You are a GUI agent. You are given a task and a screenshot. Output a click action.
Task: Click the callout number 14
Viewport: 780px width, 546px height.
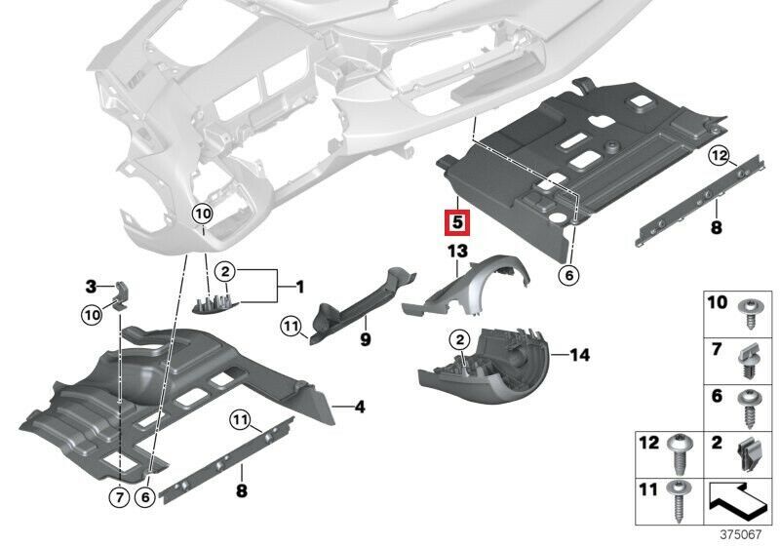click(579, 356)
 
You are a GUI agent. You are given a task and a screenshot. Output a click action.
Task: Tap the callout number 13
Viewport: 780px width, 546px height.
click(458, 252)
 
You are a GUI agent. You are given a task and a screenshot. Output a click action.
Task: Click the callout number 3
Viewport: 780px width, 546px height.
click(91, 286)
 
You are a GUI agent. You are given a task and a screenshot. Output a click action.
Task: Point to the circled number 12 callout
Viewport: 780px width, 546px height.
click(718, 155)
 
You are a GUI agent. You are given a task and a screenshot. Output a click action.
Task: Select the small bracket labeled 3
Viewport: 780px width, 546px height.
click(120, 291)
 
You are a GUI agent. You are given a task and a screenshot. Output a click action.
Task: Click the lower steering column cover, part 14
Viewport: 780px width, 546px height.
click(487, 375)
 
